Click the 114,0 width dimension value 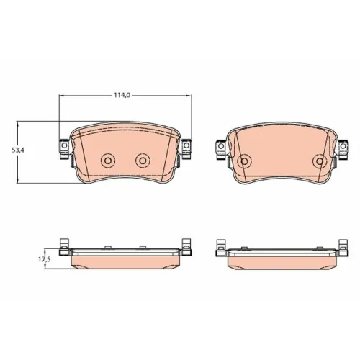[x=122, y=95]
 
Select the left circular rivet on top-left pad [x=108, y=160]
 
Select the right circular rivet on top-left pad [x=143, y=160]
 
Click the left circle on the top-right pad [x=244, y=161]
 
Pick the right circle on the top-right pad [x=320, y=161]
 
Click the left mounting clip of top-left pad [x=64, y=149]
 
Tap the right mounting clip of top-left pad [x=186, y=149]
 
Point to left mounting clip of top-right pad [x=221, y=149]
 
